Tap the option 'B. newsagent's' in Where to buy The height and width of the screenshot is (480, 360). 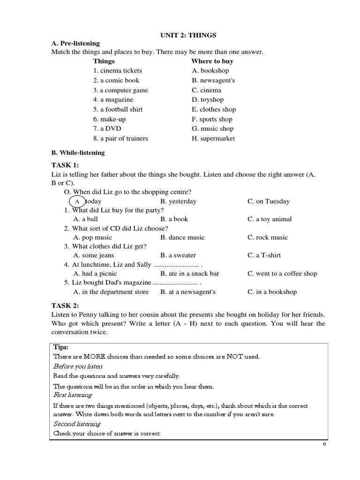coord(213,80)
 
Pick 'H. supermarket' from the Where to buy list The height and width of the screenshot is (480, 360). coord(213,138)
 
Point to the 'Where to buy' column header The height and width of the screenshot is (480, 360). coord(212,61)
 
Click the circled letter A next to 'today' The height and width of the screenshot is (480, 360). coord(77,202)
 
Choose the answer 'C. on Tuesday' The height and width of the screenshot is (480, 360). coord(269,202)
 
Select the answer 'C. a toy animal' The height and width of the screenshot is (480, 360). coord(270,219)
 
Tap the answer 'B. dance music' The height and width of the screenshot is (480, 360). coord(182,237)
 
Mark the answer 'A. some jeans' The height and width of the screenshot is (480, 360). coord(94,255)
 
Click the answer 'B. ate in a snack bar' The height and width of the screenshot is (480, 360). coord(189,274)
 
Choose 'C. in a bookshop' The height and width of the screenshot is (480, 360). coord(272,292)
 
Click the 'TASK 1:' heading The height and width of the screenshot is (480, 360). coord(65,165)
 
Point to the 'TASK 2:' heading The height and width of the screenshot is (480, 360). coord(65,306)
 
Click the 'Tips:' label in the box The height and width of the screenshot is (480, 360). coord(61,347)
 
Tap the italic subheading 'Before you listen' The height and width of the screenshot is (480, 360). coord(78,366)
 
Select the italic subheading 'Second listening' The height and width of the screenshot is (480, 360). coord(77,424)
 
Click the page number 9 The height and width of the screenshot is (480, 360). coord(324,445)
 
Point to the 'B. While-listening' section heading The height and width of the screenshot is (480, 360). coord(78,153)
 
